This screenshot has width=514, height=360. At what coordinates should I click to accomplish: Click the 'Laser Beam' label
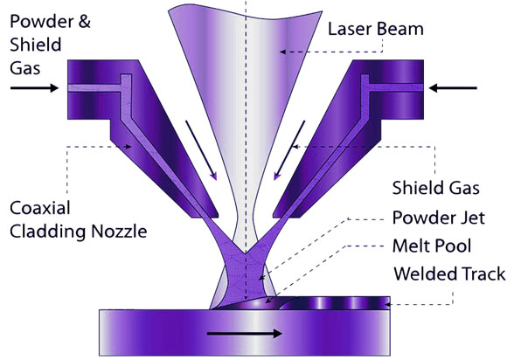[x=376, y=29]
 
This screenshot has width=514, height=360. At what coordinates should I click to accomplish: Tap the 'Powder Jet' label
[x=438, y=218]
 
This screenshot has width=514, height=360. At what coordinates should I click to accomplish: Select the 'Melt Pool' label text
[x=432, y=246]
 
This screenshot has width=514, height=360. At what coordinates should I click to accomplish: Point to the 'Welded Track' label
[x=449, y=273]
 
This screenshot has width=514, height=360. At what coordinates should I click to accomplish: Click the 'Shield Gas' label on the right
[x=436, y=188]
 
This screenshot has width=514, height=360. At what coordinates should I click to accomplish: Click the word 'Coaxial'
[x=40, y=208]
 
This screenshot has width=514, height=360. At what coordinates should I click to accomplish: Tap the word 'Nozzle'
[x=119, y=232]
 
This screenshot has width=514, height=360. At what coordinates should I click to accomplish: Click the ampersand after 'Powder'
[x=84, y=22]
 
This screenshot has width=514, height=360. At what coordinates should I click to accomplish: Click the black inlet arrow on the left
[x=34, y=87]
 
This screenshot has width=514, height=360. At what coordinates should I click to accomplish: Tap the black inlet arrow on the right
[x=453, y=87]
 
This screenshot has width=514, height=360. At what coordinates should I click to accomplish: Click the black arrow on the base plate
[x=245, y=334]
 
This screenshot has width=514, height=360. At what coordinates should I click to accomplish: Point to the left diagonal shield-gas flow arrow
[x=201, y=150]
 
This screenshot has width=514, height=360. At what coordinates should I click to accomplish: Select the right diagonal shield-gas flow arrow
[x=289, y=150]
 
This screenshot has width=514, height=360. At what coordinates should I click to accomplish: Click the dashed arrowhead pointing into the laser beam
[x=282, y=52]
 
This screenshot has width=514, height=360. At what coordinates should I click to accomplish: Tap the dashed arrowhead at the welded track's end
[x=387, y=305]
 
